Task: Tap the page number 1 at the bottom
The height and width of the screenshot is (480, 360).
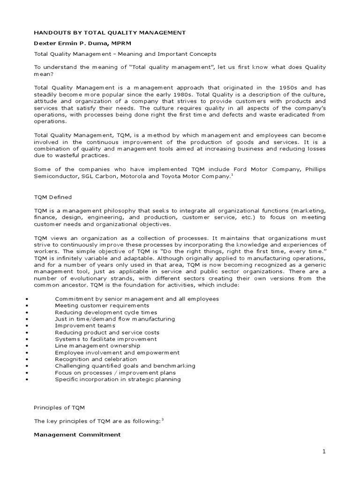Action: point(323,451)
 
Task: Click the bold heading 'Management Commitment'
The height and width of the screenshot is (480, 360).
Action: point(77,435)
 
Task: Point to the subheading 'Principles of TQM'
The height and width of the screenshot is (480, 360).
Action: point(60,408)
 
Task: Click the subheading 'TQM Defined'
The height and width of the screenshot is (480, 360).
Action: point(52,197)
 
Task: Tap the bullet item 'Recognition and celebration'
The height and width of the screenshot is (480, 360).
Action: point(96,359)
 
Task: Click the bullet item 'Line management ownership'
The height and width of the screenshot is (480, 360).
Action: point(92,345)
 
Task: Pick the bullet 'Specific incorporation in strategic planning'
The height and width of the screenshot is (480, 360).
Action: point(118,379)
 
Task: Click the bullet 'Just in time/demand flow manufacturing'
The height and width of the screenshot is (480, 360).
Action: point(115,319)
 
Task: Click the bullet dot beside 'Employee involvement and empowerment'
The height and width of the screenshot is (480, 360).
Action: point(29,352)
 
